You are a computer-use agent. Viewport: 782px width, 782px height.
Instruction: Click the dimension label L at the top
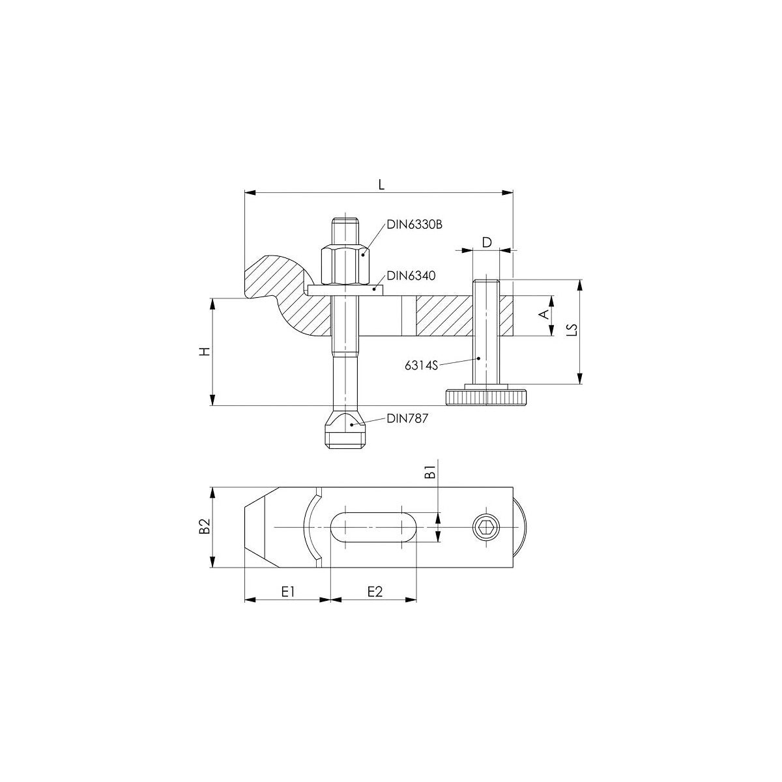381,184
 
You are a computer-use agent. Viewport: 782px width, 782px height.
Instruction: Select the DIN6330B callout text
414,224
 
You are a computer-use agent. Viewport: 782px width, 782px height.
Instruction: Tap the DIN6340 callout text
411,276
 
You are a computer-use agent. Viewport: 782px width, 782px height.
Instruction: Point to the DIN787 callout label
407,418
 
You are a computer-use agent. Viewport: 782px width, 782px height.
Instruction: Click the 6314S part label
421,366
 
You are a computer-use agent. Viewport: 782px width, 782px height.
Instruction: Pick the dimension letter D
487,242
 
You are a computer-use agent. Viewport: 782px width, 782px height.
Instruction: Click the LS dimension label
572,330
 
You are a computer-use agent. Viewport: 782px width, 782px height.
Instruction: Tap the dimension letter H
206,351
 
